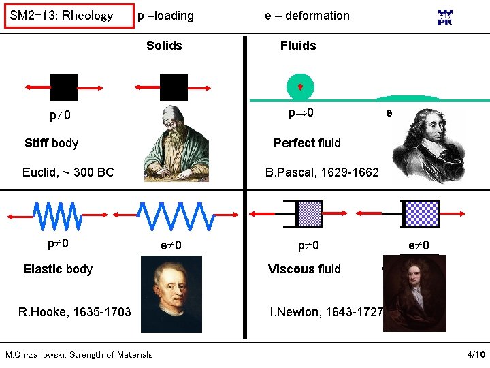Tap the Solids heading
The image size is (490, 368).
point(164,46)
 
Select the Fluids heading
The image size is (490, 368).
point(298,46)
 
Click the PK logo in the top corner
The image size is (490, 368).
point(445,18)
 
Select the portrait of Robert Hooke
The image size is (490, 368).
point(171,297)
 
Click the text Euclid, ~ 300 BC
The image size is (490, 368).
point(68,172)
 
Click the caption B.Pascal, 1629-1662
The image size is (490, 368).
point(322,172)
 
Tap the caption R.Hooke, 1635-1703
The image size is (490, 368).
point(75,313)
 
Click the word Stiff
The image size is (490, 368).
point(36,143)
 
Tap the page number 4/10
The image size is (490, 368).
point(476,355)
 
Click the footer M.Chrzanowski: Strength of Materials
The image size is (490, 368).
point(79,354)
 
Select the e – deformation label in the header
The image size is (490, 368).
point(307,16)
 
